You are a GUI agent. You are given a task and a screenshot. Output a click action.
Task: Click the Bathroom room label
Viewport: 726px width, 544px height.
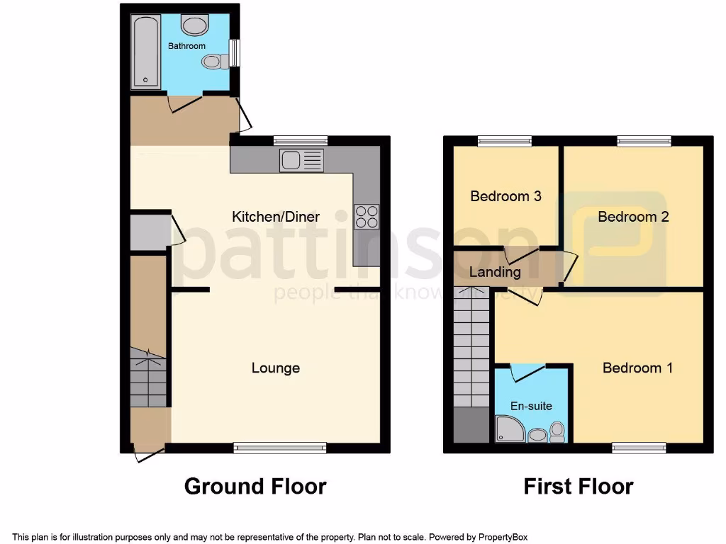click(186, 46)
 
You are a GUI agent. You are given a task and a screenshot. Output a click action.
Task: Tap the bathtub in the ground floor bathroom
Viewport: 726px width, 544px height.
click(145, 51)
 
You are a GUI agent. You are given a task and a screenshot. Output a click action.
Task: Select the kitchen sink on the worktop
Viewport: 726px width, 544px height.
click(301, 160)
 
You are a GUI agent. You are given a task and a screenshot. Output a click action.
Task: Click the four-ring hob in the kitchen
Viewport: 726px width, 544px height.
click(367, 216)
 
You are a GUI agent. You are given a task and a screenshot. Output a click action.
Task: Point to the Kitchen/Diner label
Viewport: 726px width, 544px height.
click(276, 217)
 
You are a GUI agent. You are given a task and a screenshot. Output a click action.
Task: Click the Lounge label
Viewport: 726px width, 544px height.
click(276, 368)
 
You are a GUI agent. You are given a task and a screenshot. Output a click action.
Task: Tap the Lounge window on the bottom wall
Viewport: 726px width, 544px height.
click(280, 447)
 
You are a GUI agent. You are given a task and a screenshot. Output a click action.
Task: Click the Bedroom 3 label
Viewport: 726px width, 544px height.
click(506, 195)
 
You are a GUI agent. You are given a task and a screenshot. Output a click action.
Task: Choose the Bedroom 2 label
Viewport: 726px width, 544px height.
click(633, 217)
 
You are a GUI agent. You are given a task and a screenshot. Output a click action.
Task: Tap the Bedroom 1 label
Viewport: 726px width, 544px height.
click(637, 368)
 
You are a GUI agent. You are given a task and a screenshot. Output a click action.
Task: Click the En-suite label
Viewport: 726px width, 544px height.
click(531, 406)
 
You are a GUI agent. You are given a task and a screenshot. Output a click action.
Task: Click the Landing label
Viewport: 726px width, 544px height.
click(495, 272)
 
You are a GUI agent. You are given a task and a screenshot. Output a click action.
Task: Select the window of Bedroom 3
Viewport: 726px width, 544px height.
click(504, 141)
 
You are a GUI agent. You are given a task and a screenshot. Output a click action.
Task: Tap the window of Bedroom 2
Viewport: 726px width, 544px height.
click(644, 141)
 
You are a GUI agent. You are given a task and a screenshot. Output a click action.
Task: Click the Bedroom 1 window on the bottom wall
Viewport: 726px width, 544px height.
click(639, 447)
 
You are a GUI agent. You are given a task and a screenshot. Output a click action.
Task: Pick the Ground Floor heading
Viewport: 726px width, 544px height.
click(255, 487)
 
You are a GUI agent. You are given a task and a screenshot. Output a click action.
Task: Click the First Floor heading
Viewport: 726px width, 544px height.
click(578, 487)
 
